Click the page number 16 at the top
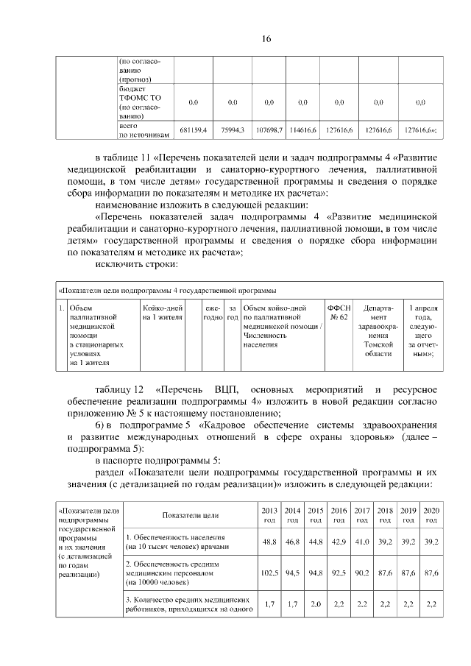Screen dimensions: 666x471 coord(235,39)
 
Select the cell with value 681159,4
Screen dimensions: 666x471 coord(193,130)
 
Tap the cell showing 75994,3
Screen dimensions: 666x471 coord(233,130)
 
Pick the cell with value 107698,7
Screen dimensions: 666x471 coord(269,130)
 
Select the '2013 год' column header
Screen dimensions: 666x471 coord(269,514)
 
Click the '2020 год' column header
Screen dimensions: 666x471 coord(431,514)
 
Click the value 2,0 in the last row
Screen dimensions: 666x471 coord(316,603)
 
